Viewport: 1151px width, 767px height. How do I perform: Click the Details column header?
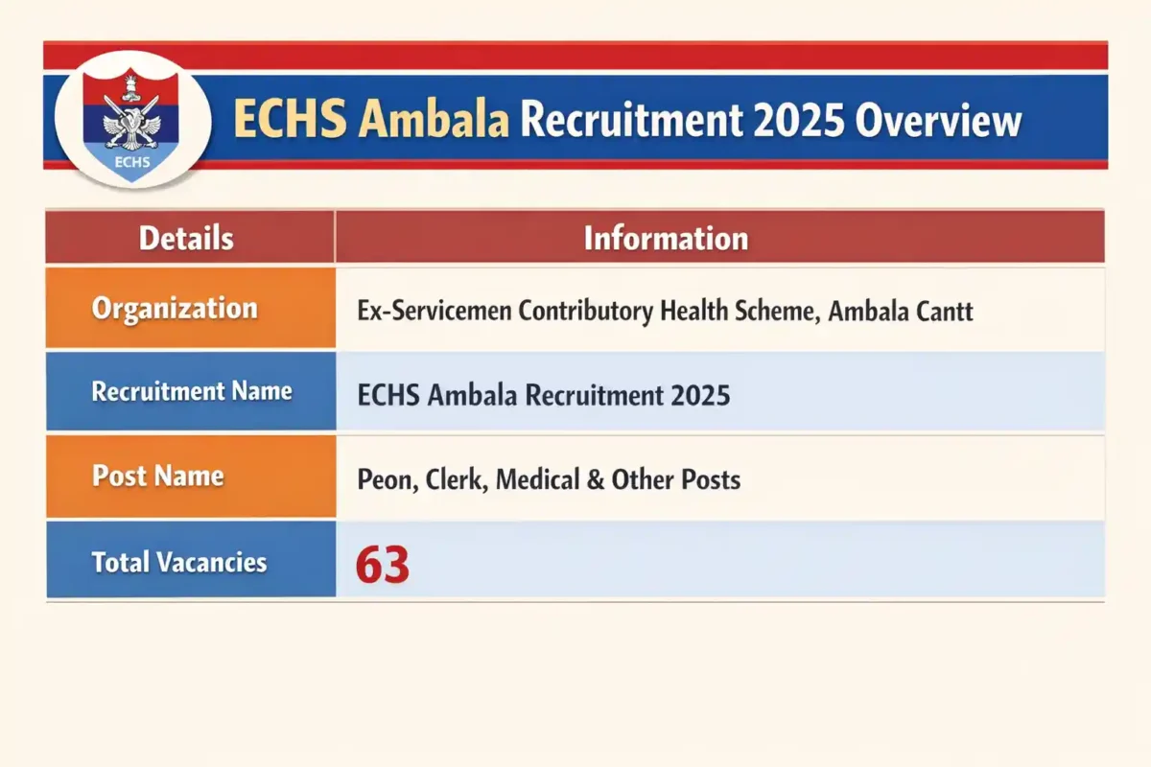pyautogui.click(x=186, y=238)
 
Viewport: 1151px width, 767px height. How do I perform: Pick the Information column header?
pyautogui.click(x=666, y=238)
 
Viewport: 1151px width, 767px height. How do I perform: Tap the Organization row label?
pyautogui.click(x=175, y=309)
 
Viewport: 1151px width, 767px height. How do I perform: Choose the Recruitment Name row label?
pyautogui.click(x=192, y=391)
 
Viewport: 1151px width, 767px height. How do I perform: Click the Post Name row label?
pyautogui.click(x=158, y=476)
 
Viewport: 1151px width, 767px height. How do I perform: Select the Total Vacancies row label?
pyautogui.click(x=179, y=562)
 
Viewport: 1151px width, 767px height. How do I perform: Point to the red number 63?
pyautogui.click(x=383, y=565)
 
